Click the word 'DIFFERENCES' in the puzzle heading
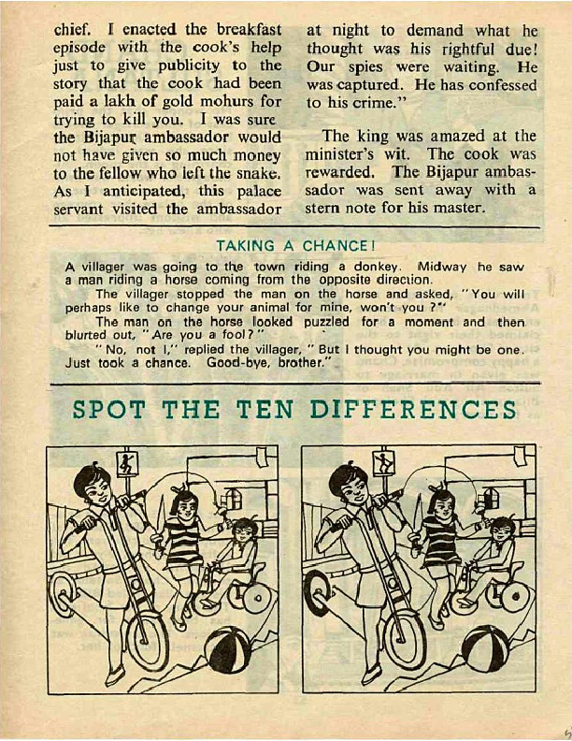[413, 410]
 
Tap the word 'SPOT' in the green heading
[108, 410]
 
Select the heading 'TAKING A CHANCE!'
[296, 246]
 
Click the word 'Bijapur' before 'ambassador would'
[111, 138]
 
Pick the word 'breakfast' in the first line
[249, 30]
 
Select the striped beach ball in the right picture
[485, 647]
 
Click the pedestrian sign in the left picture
[127, 464]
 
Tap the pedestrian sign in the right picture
[383, 464]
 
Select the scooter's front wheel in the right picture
[405, 639]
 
